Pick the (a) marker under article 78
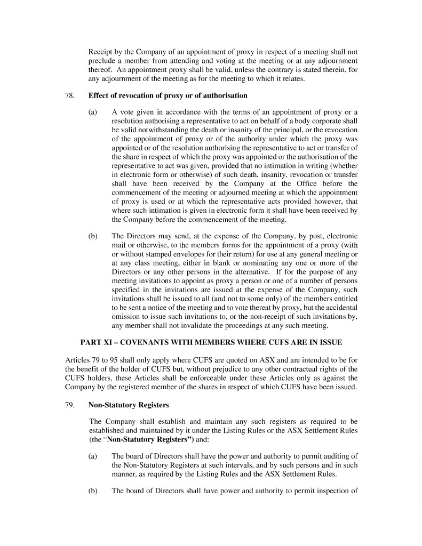point(93,112)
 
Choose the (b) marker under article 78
point(93,236)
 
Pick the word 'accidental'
point(339,307)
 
